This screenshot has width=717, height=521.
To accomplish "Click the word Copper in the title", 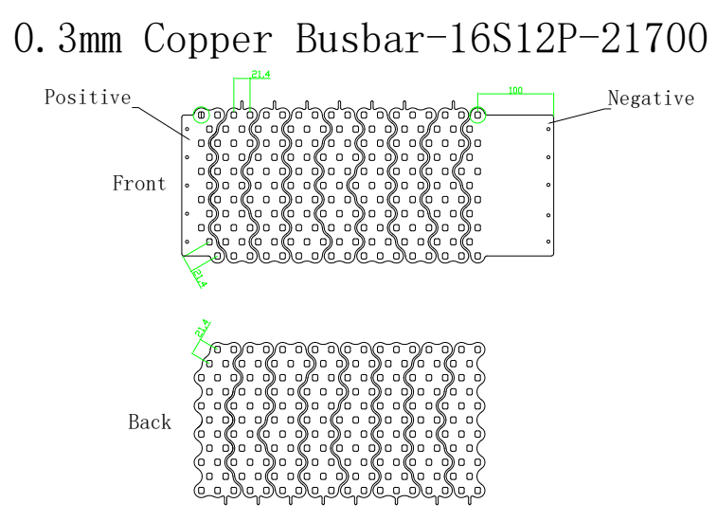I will [x=210, y=38].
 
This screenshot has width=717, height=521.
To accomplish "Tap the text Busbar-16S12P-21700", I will [x=501, y=38].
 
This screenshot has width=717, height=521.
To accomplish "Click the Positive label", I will [x=87, y=98].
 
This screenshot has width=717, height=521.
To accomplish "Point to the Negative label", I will [x=651, y=99].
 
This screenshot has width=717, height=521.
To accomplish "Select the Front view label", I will [x=139, y=184].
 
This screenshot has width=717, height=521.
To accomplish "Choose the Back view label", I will [x=150, y=422].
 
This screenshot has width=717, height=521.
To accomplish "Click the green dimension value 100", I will [x=515, y=91].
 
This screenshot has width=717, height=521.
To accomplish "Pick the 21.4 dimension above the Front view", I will [x=260, y=74].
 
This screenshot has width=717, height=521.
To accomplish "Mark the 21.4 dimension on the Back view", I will [x=202, y=331].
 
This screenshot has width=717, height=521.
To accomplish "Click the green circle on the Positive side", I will [x=201, y=116].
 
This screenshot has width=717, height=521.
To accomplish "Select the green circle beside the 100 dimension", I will [x=478, y=116].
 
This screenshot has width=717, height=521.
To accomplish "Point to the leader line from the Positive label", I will [x=161, y=117].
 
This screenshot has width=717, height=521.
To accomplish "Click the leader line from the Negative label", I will [x=580, y=114].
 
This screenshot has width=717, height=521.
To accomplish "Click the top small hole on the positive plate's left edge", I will [x=188, y=129].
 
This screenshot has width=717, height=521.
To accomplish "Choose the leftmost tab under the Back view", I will [x=224, y=501].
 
